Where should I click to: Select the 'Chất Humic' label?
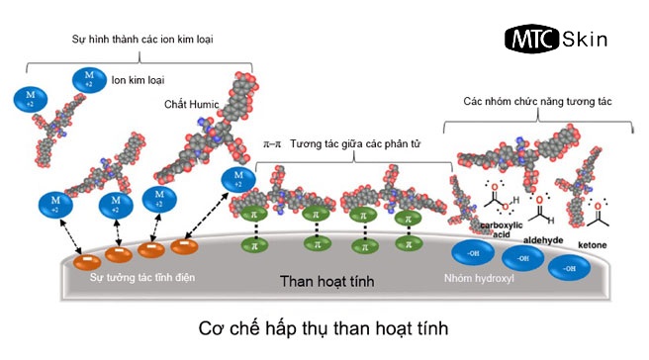click(188, 103)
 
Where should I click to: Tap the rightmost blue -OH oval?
click(569, 267)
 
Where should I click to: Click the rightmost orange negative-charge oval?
click(183, 245)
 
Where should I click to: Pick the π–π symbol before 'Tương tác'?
click(273, 143)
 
